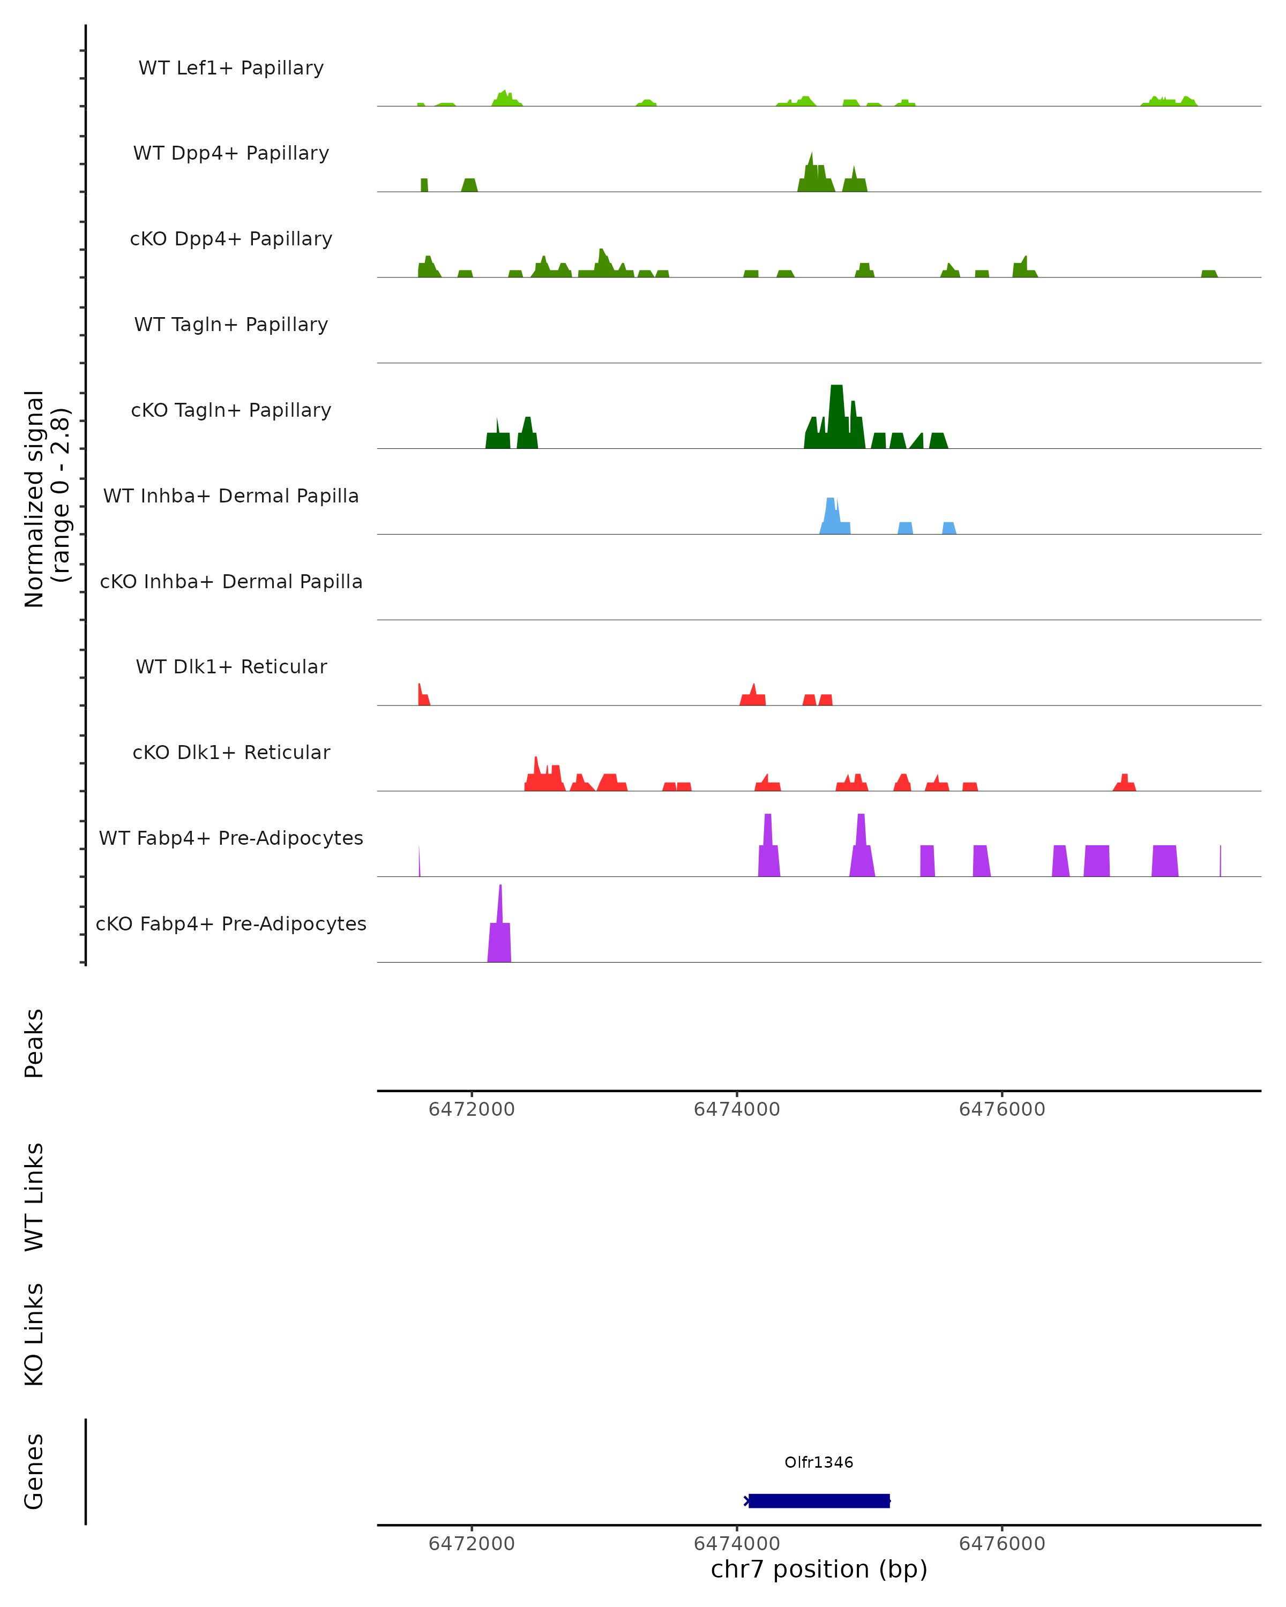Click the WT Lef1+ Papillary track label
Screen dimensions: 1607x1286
[x=231, y=68]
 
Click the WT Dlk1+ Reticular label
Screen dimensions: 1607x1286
[x=231, y=666]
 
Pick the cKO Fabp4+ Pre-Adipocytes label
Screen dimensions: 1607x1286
[x=231, y=923]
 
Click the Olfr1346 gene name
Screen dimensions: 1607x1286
[x=819, y=1462]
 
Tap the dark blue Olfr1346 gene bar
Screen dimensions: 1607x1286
[x=819, y=1500]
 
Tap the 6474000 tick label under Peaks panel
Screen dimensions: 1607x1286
[x=737, y=1109]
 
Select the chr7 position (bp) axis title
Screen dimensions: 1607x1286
[x=819, y=1569]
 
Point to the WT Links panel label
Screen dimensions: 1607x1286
[x=34, y=1196]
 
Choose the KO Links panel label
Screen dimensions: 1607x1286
[x=34, y=1334]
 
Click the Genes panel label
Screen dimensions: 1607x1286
[x=34, y=1471]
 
